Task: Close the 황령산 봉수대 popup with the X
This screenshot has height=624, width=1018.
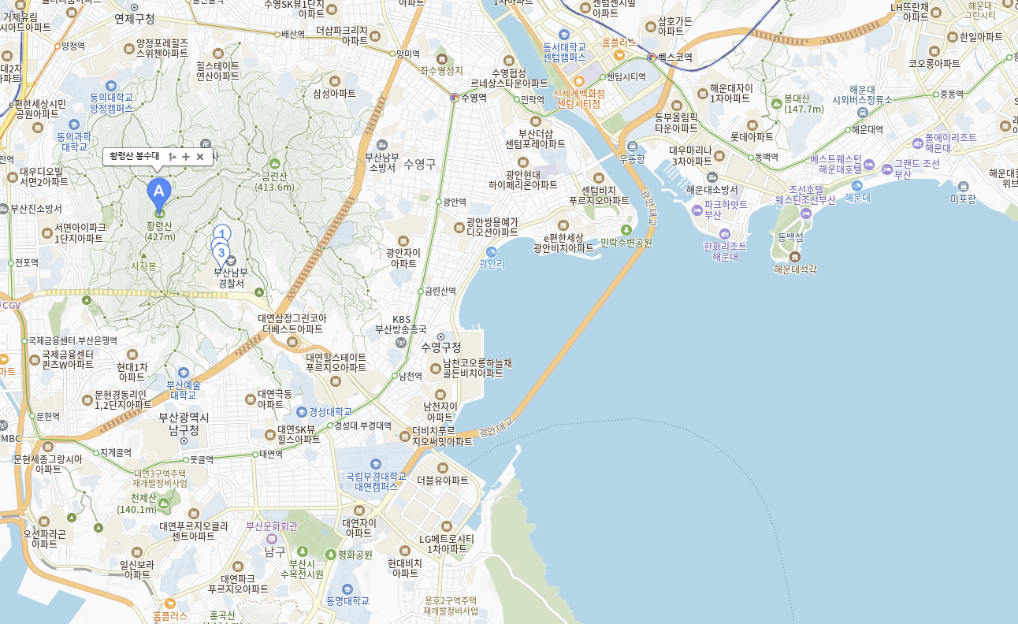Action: click(200, 157)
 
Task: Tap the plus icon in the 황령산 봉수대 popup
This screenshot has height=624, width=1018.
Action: click(186, 157)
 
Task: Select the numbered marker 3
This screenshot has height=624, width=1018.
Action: click(221, 253)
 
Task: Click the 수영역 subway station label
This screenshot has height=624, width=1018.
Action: click(474, 98)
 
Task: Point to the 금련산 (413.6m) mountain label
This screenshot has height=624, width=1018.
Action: click(274, 181)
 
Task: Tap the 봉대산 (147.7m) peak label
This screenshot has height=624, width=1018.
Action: click(804, 104)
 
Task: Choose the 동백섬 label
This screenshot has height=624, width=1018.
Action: click(790, 236)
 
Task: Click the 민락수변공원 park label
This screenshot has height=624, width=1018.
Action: click(626, 243)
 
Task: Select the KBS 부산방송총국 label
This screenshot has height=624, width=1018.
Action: click(401, 324)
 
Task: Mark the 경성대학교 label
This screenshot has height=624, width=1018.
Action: click(330, 411)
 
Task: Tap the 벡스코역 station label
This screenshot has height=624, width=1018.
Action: click(675, 58)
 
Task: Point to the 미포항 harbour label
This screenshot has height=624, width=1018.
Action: click(963, 199)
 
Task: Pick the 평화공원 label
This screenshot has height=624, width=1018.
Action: click(355, 555)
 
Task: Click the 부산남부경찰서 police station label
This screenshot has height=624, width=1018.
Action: click(231, 277)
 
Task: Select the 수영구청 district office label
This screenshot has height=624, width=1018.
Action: click(441, 347)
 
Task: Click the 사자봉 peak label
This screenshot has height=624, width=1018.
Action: click(143, 266)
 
